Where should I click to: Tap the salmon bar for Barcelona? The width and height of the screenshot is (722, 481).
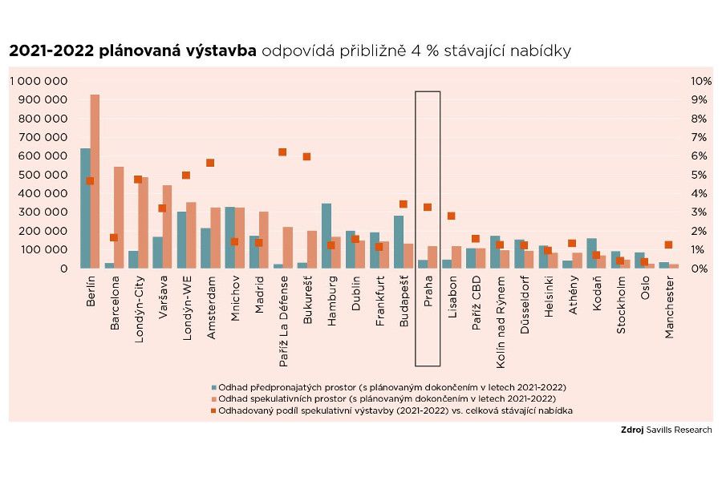tap(119, 217)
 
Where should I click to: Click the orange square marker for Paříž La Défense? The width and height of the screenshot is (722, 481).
tap(282, 152)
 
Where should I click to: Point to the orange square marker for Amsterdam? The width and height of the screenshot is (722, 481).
tap(210, 163)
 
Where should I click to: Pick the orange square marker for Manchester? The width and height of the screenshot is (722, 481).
tap(668, 245)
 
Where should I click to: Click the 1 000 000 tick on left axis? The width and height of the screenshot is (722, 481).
tap(39, 81)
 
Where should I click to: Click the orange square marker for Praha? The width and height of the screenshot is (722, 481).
tap(428, 207)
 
